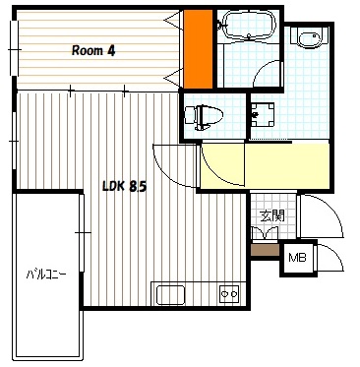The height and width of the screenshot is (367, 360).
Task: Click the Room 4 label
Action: click(93, 51)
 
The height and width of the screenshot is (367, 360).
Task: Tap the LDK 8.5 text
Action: click(124, 186)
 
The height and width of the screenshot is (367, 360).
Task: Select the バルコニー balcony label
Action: click(46, 274)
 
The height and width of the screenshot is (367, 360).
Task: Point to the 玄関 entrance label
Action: click(271, 215)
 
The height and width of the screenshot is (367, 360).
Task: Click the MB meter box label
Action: click(297, 258)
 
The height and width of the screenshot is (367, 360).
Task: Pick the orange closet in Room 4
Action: click(198, 48)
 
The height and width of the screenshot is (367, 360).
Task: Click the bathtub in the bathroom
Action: click(248, 25)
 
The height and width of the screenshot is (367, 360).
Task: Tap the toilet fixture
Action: click(204, 117)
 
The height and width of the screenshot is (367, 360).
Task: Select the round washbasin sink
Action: click(309, 39)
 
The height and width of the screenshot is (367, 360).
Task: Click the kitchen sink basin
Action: click(170, 295)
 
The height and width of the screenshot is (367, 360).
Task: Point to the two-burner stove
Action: click(229, 294)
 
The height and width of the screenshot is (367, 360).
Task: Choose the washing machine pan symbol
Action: click(263, 114)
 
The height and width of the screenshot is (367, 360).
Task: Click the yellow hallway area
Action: click(265, 166)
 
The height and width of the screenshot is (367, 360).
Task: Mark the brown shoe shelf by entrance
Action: click(265, 250)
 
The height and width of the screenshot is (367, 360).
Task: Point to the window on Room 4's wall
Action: click(14, 48)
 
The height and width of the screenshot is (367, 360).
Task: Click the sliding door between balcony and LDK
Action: click(82, 233)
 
